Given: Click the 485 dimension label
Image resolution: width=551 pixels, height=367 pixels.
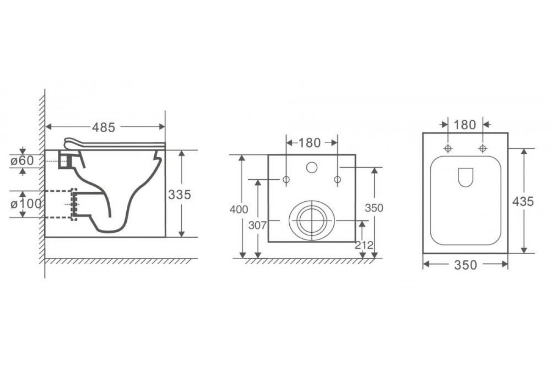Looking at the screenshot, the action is point(104,128).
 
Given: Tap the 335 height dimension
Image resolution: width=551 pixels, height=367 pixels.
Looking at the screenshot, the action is point(180,195).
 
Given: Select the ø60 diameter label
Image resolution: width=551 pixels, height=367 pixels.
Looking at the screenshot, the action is point(22,161).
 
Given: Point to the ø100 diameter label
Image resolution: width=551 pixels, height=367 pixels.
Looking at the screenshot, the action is point(26,204).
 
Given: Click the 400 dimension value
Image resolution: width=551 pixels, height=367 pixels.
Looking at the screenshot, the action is point(239,210).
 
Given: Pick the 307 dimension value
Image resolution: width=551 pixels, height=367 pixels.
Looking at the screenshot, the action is point(257,225).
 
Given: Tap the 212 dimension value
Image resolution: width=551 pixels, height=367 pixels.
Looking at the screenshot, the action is point(364,245).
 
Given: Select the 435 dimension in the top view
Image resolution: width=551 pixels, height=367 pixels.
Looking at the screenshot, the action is point(523,201).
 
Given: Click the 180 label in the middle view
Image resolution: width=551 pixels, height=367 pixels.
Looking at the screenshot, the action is point(309,143).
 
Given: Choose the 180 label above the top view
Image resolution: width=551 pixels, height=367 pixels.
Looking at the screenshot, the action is point(465,125).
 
